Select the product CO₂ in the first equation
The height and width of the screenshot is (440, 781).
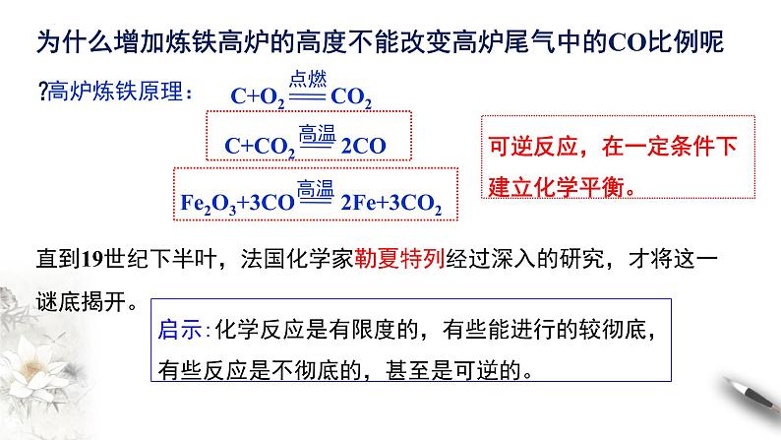[x=350, y=97]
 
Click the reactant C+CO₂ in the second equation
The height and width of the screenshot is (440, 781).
[x=260, y=146]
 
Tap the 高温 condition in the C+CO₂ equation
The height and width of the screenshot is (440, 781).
[x=317, y=132]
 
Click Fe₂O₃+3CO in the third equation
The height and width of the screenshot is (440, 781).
[x=233, y=203]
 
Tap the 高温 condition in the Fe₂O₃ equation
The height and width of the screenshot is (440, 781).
[x=317, y=188]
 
